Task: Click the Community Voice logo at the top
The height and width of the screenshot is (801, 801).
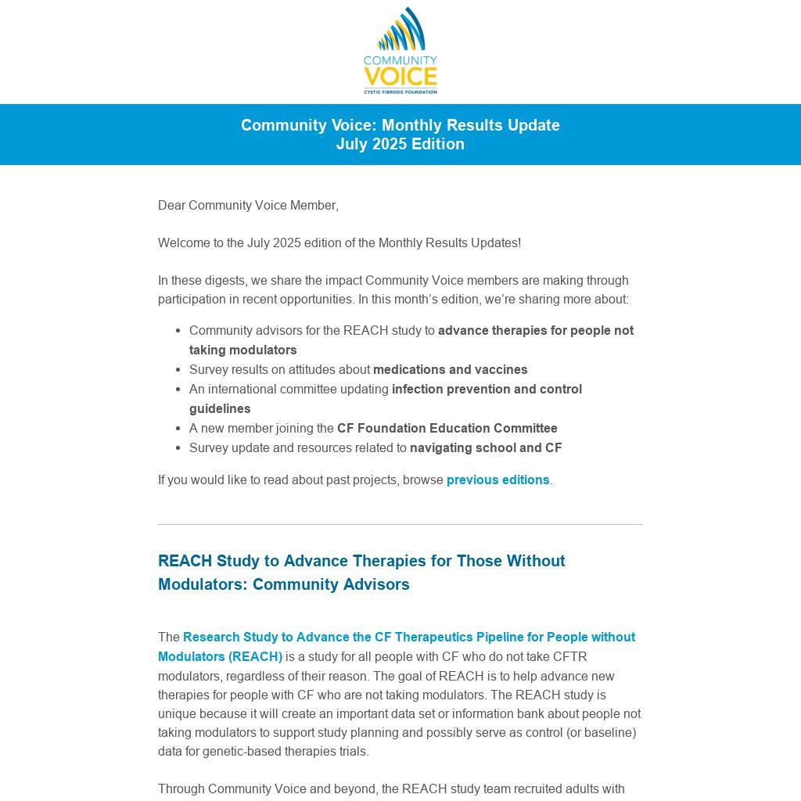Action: click(x=400, y=51)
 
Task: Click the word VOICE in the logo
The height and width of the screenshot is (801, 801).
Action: click(x=400, y=77)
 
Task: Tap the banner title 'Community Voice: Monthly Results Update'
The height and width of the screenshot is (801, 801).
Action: click(x=400, y=125)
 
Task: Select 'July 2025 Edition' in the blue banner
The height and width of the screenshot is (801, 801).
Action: click(x=400, y=144)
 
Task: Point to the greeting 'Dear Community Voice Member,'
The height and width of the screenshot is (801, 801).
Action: click(x=248, y=206)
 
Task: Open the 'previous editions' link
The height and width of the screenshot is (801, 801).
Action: click(x=497, y=480)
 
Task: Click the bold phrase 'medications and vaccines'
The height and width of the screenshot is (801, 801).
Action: click(x=450, y=370)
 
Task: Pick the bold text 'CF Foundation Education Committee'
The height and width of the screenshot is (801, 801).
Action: click(x=447, y=429)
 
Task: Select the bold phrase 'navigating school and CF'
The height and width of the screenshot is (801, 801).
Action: click(x=486, y=448)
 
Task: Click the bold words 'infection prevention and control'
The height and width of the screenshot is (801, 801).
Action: click(x=487, y=390)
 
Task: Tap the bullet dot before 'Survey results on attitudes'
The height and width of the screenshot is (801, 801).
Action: click(x=178, y=370)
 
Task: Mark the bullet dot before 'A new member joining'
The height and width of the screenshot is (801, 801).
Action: click(x=178, y=429)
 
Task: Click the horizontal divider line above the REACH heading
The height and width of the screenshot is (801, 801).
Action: click(x=400, y=524)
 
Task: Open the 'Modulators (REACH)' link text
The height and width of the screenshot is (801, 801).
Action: click(x=220, y=657)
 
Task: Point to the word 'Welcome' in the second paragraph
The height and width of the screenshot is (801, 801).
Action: click(x=182, y=243)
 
